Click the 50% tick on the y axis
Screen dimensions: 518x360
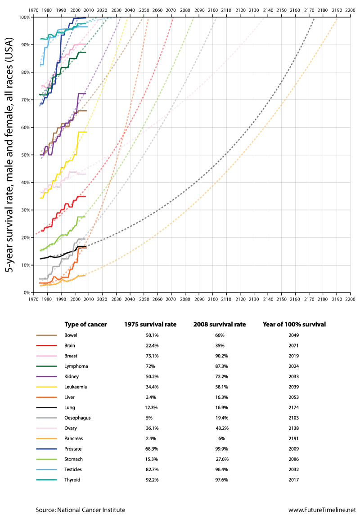tap(26, 155)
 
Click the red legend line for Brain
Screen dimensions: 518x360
tap(46, 345)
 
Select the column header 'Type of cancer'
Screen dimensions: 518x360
tap(86, 324)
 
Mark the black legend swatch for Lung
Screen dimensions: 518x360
tap(46, 407)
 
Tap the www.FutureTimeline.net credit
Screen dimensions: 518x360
tap(322, 510)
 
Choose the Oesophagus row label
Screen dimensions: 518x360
tap(77, 418)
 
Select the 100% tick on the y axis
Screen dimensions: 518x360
tap(25, 17)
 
